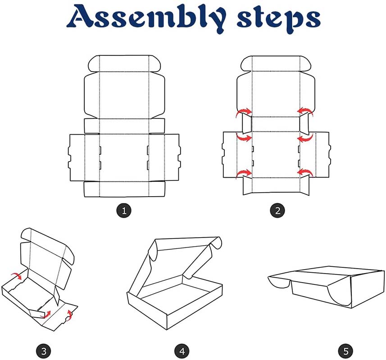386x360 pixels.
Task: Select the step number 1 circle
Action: pyautogui.click(x=124, y=211)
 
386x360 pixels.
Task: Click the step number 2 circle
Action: pyautogui.click(x=278, y=211)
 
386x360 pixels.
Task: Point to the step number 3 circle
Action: pyautogui.click(x=44, y=351)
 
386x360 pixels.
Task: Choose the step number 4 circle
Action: pyautogui.click(x=182, y=351)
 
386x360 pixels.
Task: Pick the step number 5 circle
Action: pyautogui.click(x=346, y=351)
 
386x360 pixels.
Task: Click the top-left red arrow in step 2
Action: pyautogui.click(x=244, y=112)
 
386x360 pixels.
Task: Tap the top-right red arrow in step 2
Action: pyautogui.click(x=305, y=112)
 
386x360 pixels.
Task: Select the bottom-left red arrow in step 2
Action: pyautogui.click(x=244, y=173)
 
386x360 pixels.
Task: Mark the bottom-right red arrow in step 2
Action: pyautogui.click(x=305, y=173)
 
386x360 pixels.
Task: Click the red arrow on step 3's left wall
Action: pyautogui.click(x=17, y=275)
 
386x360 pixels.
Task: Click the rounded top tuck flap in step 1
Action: pyautogui.click(x=124, y=64)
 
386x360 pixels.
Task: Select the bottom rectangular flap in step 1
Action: pyautogui.click(x=124, y=189)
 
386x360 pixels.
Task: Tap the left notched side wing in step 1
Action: pyautogui.click(x=77, y=157)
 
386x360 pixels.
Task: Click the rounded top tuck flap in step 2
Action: pyautogui.click(x=276, y=63)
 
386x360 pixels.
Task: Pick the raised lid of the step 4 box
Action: pyautogui.click(x=182, y=261)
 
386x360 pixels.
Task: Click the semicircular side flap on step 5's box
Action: pyautogui.click(x=339, y=295)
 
